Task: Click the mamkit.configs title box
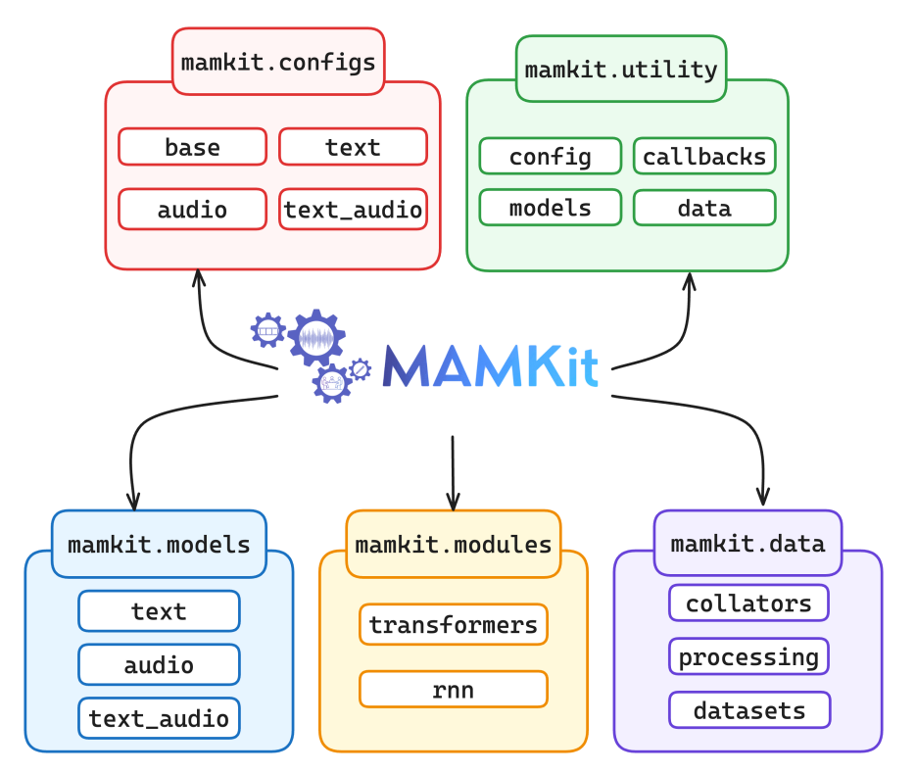click(x=278, y=63)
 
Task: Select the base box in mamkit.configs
click(x=192, y=147)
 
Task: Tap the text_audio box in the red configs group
click(x=353, y=209)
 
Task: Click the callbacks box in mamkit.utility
click(x=704, y=156)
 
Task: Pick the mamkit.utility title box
click(x=621, y=69)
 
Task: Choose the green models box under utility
click(x=550, y=208)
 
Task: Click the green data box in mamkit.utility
click(x=704, y=208)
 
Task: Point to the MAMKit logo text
click(x=490, y=366)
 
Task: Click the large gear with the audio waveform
click(x=316, y=338)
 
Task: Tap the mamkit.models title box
click(x=159, y=544)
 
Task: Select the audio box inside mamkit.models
click(x=159, y=665)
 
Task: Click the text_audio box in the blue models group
click(x=159, y=718)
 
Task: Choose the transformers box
click(x=453, y=624)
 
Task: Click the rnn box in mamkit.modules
click(x=453, y=689)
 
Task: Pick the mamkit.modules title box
click(x=453, y=544)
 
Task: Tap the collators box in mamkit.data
click(x=748, y=603)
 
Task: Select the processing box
click(x=748, y=656)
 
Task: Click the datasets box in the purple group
click(x=748, y=710)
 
